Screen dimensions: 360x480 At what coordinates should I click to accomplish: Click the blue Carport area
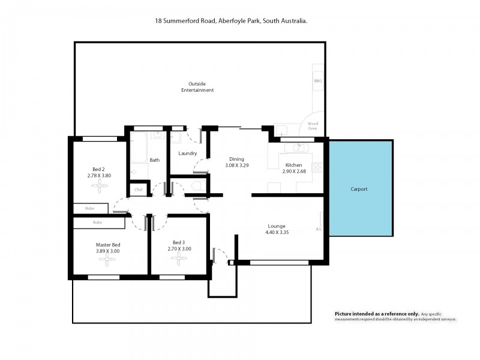click(360, 189)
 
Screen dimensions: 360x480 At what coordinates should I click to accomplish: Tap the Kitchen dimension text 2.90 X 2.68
click(294, 171)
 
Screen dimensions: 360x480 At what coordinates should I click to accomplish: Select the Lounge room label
click(277, 226)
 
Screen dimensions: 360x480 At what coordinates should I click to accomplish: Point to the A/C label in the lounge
click(319, 229)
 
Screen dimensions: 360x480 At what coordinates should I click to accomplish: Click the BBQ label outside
click(317, 80)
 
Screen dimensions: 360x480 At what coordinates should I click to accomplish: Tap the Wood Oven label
click(313, 126)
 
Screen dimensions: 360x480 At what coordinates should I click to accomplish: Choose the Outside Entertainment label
click(197, 87)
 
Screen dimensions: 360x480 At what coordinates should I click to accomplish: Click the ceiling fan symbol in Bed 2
click(99, 187)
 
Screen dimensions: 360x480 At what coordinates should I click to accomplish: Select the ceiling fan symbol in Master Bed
click(108, 260)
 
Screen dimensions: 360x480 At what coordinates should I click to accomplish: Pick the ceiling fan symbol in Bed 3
click(178, 259)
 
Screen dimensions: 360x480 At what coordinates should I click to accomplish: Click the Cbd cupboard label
click(138, 190)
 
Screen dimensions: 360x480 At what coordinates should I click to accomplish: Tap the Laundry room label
click(188, 154)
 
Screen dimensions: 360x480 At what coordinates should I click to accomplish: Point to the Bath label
click(154, 160)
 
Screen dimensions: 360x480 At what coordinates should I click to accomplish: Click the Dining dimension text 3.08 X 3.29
click(236, 165)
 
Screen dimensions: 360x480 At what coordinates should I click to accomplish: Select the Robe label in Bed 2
click(90, 209)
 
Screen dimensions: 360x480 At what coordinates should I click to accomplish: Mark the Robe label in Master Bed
click(97, 223)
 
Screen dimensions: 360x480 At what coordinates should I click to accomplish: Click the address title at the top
click(231, 20)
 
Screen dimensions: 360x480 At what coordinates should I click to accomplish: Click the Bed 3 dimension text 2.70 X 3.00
click(178, 248)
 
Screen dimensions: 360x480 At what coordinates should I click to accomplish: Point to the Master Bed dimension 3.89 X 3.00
click(108, 251)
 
